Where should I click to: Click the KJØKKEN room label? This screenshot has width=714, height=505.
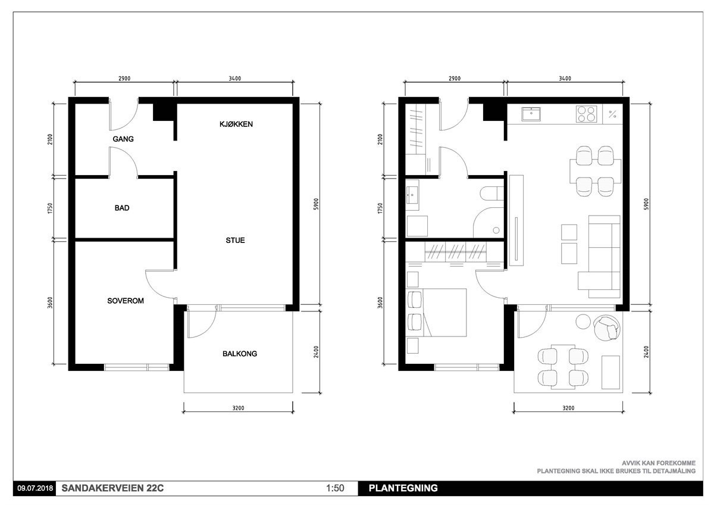(x=236, y=124)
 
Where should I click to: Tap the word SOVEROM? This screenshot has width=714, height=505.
(x=126, y=301)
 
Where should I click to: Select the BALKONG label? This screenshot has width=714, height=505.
(x=240, y=354)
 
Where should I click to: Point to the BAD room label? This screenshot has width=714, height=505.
(x=122, y=208)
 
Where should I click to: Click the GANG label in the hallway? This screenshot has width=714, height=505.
(x=123, y=139)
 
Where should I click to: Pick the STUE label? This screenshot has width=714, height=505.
(x=235, y=240)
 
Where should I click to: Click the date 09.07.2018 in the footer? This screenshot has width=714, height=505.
(x=35, y=488)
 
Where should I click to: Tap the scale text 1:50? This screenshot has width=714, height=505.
(x=335, y=488)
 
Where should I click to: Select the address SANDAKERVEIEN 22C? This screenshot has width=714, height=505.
(x=112, y=488)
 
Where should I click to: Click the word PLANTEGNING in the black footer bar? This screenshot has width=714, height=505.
(x=403, y=488)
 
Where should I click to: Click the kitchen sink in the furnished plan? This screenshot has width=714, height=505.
(x=531, y=114)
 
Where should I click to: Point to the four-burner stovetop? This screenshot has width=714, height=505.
(x=586, y=114)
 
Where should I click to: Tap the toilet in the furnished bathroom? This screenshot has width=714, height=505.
(x=492, y=194)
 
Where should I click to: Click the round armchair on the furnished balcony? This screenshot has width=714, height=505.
(x=607, y=328)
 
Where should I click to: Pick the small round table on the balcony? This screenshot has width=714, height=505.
(x=583, y=321)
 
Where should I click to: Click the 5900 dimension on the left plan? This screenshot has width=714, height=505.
(x=316, y=204)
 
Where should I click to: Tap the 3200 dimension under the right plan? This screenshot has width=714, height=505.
(x=568, y=408)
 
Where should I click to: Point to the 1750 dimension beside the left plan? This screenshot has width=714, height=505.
(x=50, y=208)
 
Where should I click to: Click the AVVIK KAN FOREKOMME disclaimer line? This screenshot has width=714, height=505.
(x=659, y=463)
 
